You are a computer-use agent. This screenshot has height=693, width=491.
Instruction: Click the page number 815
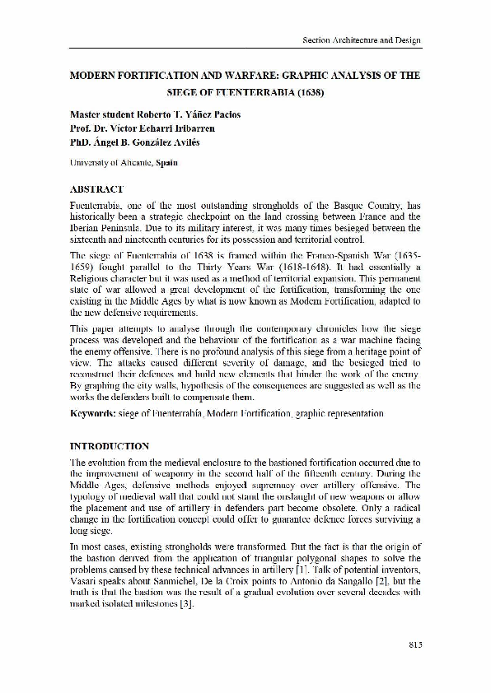[414, 644]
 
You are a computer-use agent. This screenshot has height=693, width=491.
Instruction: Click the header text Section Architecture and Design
[360, 40]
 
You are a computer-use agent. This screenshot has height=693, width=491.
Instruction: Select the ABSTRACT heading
[97, 188]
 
